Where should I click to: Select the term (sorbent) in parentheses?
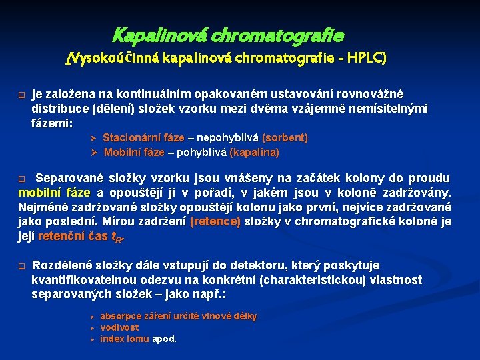point(285,138)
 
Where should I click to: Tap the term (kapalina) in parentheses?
point(254,153)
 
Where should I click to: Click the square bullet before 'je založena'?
point(21,94)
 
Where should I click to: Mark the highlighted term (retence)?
point(215,222)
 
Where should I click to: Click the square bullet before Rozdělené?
point(21,265)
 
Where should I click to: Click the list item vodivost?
point(119,327)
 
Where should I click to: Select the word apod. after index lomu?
point(164,339)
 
